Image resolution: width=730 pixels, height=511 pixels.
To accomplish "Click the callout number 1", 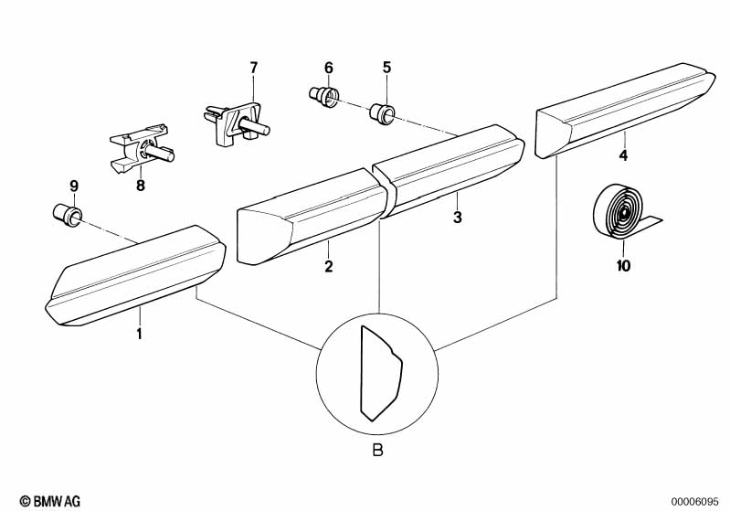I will (139, 334).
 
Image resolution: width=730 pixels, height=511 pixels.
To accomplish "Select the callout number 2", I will (328, 267).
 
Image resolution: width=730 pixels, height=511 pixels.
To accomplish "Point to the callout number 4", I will (623, 155).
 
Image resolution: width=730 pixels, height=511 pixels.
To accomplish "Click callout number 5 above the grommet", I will (386, 67).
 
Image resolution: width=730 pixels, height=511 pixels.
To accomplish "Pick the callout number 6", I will (329, 67).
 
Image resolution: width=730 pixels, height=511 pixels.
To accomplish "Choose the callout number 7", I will (254, 67).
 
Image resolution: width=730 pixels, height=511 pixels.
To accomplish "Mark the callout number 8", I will (141, 186).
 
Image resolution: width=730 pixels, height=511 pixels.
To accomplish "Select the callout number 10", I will (623, 267).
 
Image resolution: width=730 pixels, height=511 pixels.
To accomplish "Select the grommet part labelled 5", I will (382, 114).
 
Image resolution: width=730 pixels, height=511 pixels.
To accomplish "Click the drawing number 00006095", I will (698, 500).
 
